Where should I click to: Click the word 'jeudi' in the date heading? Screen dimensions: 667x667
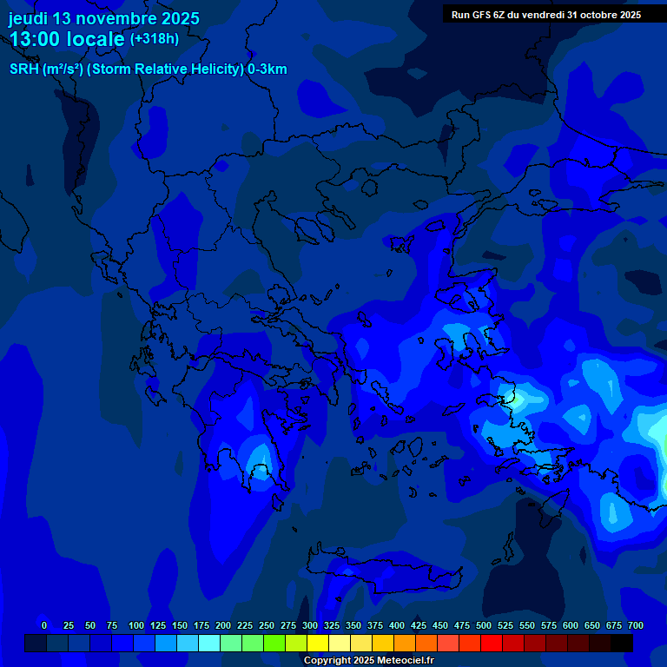28,18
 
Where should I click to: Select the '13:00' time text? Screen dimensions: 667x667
37,39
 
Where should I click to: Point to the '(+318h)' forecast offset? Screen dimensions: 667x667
154,39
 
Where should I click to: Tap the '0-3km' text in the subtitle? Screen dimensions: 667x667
267,69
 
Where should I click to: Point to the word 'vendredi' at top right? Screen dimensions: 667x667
540,15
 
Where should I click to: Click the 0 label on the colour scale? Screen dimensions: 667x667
44,625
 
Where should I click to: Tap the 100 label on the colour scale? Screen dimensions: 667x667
135,625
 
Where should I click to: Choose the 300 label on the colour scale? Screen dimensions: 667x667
310,625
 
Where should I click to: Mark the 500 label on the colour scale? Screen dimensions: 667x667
484,625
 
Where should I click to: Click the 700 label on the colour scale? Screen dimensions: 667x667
636,625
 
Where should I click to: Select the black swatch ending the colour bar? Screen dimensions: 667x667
622,643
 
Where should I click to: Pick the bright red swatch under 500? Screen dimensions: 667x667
491,643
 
